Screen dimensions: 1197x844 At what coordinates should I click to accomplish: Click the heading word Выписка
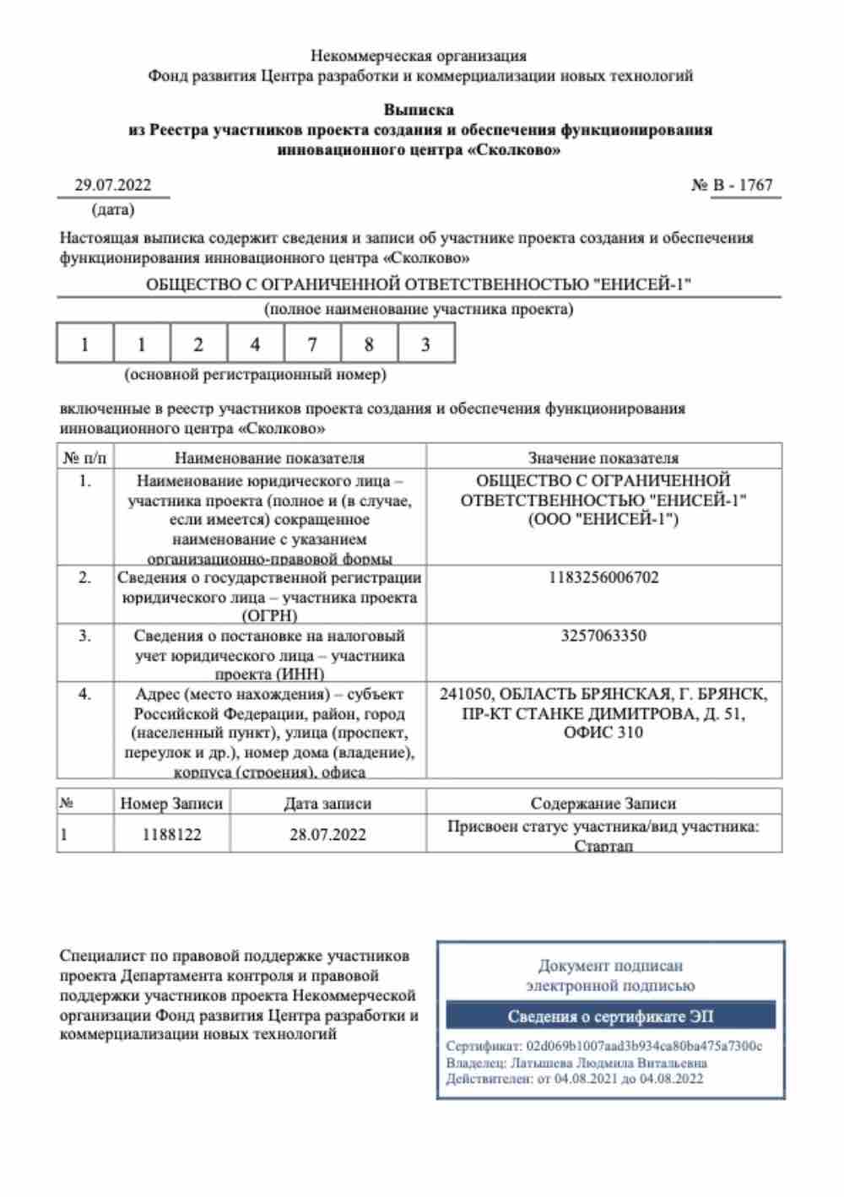coord(419,110)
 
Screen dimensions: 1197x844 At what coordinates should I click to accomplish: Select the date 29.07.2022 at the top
coord(113,186)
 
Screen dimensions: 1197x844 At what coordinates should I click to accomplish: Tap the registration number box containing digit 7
coord(312,344)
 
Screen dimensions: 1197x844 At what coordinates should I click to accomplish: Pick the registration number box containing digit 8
coord(369,344)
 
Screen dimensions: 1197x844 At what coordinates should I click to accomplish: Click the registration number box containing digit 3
coord(425,344)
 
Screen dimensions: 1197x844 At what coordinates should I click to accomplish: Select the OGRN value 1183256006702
coord(603,578)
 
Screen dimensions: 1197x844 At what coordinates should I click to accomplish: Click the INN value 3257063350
coord(603,636)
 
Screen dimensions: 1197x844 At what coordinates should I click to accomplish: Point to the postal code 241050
coord(465,695)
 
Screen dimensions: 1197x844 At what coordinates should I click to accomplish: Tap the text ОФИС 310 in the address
coord(603,733)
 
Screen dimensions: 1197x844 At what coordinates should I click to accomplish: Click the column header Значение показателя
coord(603,458)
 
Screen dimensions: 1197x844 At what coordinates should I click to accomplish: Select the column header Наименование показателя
coord(269,458)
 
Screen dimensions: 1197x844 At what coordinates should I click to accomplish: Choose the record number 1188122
coord(171,835)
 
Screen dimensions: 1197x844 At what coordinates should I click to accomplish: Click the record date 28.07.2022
coord(327,835)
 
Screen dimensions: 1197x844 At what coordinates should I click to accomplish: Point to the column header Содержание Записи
coord(603,804)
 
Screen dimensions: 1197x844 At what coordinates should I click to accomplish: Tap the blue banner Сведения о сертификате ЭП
coord(610,1016)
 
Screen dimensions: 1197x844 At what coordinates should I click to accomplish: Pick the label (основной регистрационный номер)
coord(255,374)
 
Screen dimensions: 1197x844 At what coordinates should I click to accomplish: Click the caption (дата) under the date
coord(113,209)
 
